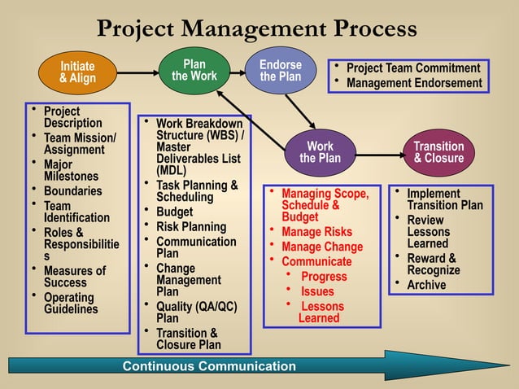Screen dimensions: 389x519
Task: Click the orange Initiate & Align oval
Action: pyautogui.click(x=77, y=72)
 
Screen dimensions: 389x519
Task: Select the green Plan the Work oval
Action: pyautogui.click(x=194, y=70)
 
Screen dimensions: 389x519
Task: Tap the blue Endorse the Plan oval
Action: pyautogui.click(x=281, y=71)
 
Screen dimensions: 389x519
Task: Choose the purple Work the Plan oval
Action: pyautogui.click(x=320, y=152)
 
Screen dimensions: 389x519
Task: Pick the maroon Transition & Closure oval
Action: pyautogui.click(x=438, y=152)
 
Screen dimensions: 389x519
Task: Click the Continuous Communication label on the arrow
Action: pyautogui.click(x=209, y=366)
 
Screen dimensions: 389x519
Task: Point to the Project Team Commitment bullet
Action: pyautogui.click(x=413, y=68)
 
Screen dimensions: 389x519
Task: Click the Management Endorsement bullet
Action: pyautogui.click(x=413, y=83)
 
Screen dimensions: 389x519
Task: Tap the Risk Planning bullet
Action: pyautogui.click(x=190, y=227)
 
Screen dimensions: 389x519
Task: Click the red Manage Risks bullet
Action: pyautogui.click(x=316, y=232)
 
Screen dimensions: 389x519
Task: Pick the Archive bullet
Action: pyautogui.click(x=426, y=285)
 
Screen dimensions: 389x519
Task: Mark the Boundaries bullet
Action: pyautogui.click(x=72, y=191)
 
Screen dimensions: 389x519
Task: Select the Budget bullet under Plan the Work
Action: pyautogui.click(x=174, y=212)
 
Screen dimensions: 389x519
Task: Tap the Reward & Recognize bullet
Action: pyautogui.click(x=433, y=264)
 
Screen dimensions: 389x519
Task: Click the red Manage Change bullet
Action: pyautogui.click(x=322, y=247)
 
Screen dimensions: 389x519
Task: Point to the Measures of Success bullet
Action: pyautogui.click(x=74, y=278)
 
